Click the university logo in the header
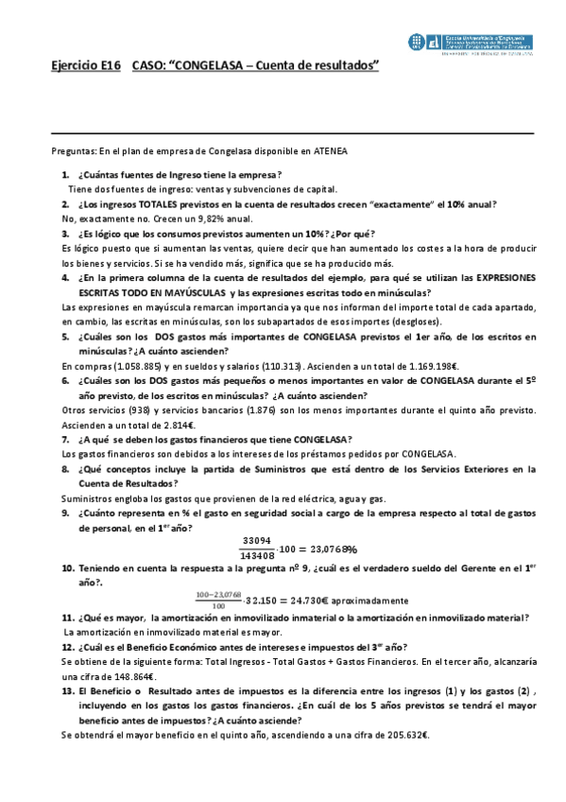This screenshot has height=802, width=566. (472, 43)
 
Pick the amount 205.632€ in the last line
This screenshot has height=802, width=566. (405, 734)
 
